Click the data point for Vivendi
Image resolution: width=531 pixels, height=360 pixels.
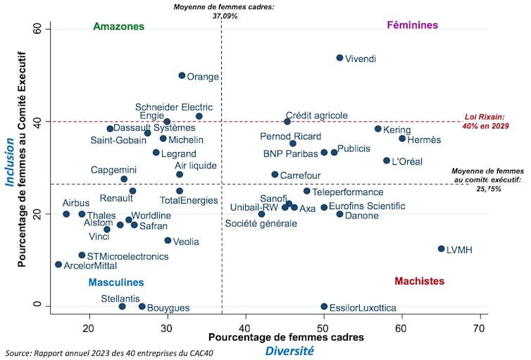(339, 58)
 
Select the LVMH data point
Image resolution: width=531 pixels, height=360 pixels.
(442, 249)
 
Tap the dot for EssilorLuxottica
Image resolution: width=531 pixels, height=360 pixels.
(324, 306)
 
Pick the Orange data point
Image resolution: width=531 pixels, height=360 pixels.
(182, 75)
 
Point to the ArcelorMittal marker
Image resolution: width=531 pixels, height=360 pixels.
(58, 264)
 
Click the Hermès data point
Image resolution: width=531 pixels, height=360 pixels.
(402, 138)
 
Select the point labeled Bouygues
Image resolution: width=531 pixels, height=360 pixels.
(142, 306)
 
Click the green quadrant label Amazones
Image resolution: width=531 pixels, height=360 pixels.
(118, 27)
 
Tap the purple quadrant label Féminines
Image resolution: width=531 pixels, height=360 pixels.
(413, 25)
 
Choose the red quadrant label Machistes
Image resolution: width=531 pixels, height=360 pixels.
(419, 281)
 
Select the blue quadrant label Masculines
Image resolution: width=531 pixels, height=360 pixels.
(116, 283)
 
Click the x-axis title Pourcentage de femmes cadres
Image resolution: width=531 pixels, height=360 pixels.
(286, 337)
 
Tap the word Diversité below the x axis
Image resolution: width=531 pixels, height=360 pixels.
(289, 351)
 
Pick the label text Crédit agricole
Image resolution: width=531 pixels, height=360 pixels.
(316, 115)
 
